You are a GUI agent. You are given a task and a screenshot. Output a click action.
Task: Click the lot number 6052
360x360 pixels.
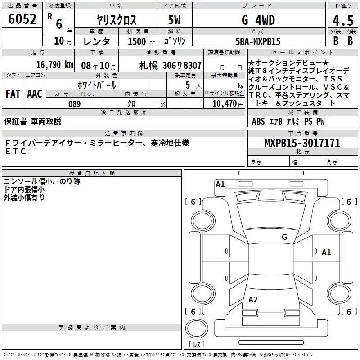pos(22,19)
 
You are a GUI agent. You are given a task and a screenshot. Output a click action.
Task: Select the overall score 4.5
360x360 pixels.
pos(343,21)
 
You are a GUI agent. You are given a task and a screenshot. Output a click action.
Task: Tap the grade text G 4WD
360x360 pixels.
pos(258,20)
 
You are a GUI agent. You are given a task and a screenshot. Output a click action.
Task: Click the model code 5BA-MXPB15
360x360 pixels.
pos(258,41)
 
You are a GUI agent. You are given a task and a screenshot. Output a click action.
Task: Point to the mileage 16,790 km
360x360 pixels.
pos(55,65)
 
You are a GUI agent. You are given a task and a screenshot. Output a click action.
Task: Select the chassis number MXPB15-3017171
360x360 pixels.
pos(302,143)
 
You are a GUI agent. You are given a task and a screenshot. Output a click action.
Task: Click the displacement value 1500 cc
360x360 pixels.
pos(141,41)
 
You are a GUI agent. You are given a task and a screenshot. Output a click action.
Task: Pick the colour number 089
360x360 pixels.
pos(75,104)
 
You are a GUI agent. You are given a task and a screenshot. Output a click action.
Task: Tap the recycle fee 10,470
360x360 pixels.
pos(225,104)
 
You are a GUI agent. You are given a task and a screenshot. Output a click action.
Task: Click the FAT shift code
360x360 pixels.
pos(13,94)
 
